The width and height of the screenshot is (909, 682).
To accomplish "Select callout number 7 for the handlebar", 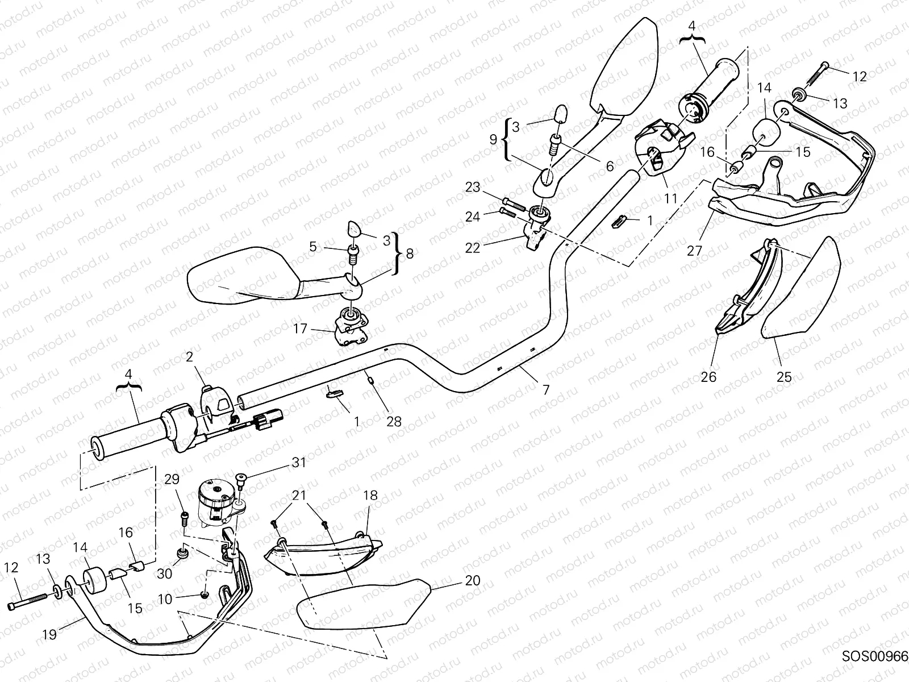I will pos(546,390).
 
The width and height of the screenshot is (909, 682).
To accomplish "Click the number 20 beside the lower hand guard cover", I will pos(472,580).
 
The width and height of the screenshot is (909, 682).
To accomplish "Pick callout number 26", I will pos(709,376).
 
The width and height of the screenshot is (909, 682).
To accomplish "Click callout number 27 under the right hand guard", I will pos(694,250).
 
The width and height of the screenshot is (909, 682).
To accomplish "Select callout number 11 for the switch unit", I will pos(670,198).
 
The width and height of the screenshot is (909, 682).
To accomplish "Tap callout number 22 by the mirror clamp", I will pos(472,248).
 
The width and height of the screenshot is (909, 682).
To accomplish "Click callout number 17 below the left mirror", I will pos(301,328).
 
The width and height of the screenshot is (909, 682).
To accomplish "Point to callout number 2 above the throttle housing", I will pos(189,357).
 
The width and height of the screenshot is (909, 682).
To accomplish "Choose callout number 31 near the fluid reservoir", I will pos(299,462).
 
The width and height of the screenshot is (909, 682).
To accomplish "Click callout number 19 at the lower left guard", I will pos(49,634).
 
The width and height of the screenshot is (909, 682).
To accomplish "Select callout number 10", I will pos(165,599).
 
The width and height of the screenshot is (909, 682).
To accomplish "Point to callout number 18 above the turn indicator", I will pos(370,496).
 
